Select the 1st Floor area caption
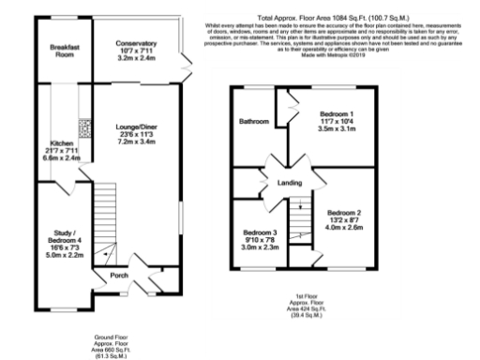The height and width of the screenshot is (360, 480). (304, 306)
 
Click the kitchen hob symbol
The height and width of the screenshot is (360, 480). (84, 123)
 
